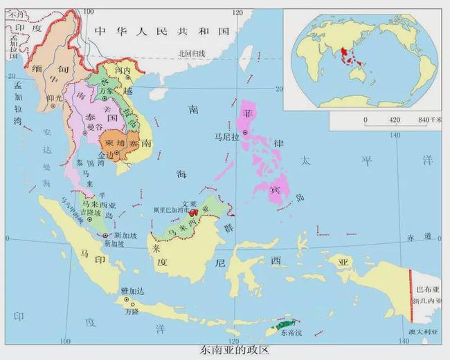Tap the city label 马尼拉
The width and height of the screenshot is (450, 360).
pos(226,138)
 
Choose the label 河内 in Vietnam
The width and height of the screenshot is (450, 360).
pos(123,71)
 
